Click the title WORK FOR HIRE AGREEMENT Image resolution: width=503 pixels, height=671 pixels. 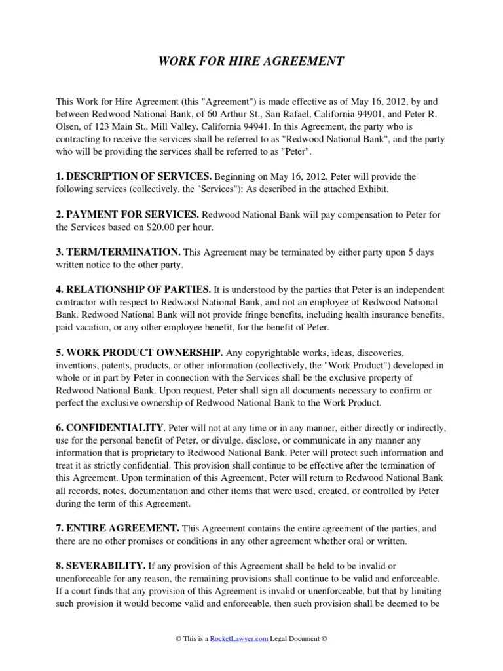pos(251,62)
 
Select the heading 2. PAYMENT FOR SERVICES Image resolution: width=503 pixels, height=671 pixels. pos(128,214)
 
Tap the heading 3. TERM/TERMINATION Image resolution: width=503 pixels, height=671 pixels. pos(118,252)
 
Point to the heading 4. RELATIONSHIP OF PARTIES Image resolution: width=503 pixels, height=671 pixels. pos(133,289)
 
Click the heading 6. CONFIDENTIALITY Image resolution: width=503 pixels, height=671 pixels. pos(108,428)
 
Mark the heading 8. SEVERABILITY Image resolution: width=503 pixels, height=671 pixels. pos(100,566)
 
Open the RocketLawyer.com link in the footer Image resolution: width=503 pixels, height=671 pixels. pos(239,639)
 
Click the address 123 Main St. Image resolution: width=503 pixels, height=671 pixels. pos(100,127)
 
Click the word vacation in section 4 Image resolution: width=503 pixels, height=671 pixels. pos(92,328)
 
